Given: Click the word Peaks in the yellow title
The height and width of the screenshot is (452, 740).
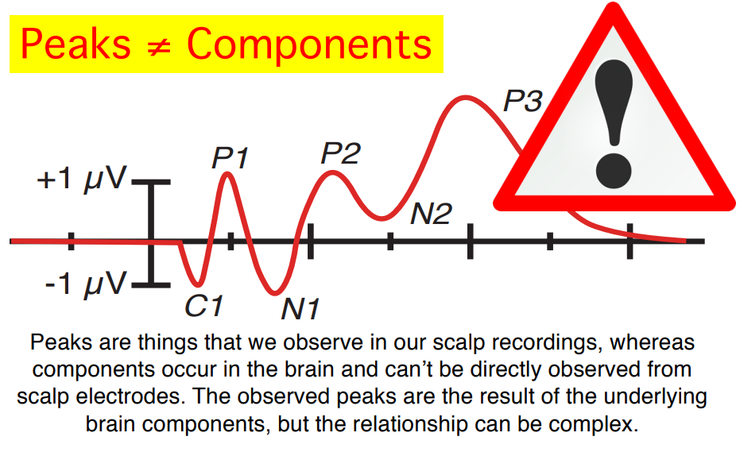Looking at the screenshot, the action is point(76,44).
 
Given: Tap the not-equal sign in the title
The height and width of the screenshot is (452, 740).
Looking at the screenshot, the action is point(159,48).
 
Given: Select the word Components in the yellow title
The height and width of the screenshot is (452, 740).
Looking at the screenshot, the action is point(309,44).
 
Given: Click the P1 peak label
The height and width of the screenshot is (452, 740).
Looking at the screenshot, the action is point(230,157).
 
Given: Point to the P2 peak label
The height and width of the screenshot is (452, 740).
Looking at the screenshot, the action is point(341,153).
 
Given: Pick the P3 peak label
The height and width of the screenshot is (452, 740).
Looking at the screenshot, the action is point(523,101).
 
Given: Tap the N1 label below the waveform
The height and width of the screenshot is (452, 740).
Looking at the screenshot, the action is point(300,310).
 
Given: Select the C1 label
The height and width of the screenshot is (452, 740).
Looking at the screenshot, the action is point(203,306).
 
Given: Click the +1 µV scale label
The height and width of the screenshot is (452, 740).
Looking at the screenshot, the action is point(82,180).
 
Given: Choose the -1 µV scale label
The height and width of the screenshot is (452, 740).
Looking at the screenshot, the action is point(85,284).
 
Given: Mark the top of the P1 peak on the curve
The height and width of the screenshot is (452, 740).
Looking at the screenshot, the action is point(227,174).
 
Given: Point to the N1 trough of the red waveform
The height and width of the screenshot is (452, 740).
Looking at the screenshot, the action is point(275,293).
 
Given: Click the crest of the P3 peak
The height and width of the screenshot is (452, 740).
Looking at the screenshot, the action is point(465,99).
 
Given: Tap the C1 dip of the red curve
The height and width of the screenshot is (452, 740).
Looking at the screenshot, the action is point(199,284).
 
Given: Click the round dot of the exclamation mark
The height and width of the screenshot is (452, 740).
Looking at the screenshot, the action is point(614,170).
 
